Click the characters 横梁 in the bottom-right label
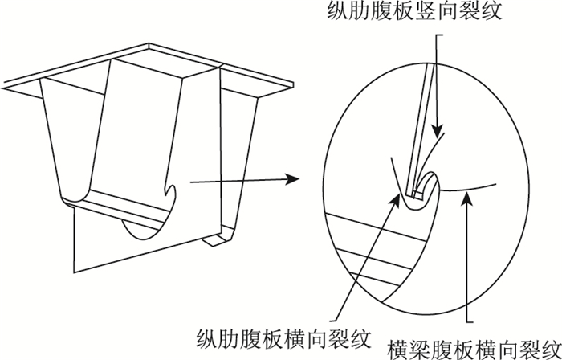tap(404, 348)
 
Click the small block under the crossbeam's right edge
tap(214, 239)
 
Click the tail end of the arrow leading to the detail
tap(191, 182)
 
